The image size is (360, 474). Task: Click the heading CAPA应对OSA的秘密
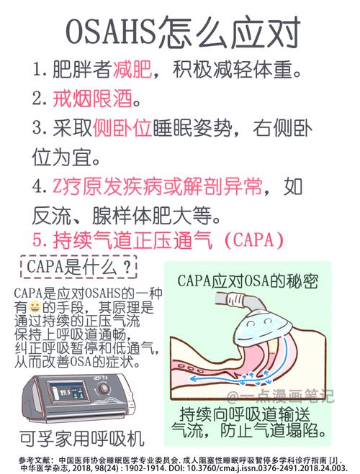point(247,280)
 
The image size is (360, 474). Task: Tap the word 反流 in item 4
point(49,214)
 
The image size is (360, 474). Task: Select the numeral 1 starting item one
point(38,70)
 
